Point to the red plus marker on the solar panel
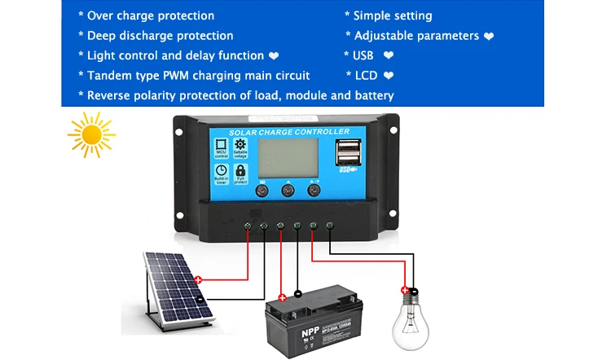pos(198,280)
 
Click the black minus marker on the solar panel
pos(200,298)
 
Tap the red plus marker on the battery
pos(282,298)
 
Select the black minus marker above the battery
pos(297,292)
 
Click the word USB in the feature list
pos(363,55)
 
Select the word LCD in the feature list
pos(367,76)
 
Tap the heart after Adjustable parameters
pos(489,36)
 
